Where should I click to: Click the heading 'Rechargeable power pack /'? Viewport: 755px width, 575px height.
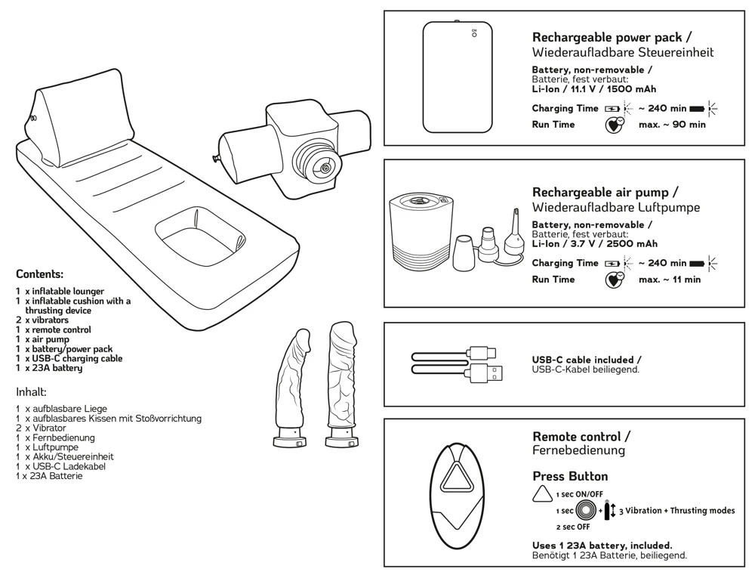[x=612, y=37]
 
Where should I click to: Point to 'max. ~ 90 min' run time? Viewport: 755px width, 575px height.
[x=672, y=125]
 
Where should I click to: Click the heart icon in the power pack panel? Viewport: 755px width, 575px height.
[x=615, y=125]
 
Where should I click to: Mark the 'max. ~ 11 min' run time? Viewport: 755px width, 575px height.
[x=670, y=280]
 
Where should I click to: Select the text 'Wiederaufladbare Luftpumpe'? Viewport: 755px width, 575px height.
[x=616, y=207]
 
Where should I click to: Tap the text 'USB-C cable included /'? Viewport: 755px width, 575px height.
[x=587, y=360]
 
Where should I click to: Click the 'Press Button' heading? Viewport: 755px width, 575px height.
[x=570, y=477]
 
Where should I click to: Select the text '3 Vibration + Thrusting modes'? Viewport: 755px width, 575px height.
[x=676, y=511]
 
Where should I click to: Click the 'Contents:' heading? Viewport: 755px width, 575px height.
[x=39, y=274]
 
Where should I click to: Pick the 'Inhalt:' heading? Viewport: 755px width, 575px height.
[x=32, y=392]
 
